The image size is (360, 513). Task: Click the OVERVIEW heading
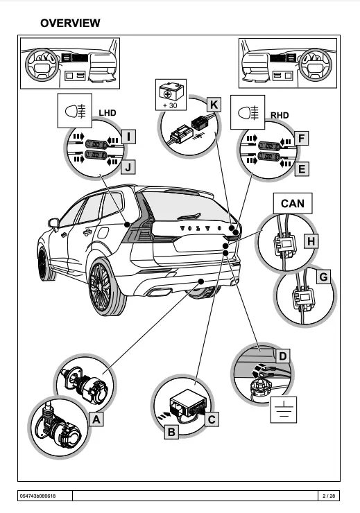tap(70, 23)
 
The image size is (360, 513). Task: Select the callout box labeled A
tap(97, 419)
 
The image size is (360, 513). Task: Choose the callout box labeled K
tap(214, 105)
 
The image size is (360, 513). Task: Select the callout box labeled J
tap(128, 166)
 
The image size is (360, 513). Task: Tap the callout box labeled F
tap(301, 138)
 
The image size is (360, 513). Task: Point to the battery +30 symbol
tap(170, 94)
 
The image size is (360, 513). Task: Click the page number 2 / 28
tap(328, 495)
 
